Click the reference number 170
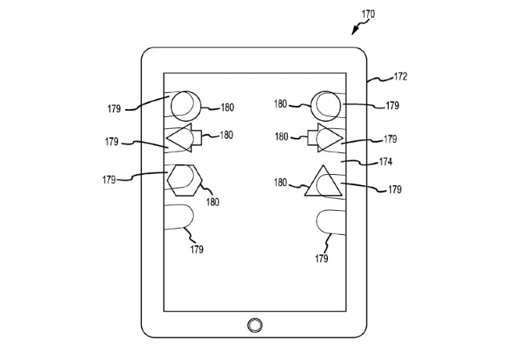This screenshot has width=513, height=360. coord(368,14)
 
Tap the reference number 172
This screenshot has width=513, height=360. coord(400,77)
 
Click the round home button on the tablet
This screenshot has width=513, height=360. coord(255,325)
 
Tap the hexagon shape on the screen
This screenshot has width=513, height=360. coord(184,179)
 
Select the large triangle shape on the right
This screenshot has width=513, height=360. coord(323,183)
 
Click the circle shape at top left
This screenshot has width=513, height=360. coord(184,104)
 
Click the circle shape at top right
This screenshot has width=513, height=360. coord(327,104)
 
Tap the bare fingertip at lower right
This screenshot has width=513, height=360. coord(329,220)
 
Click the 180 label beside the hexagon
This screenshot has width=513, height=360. coord(212,202)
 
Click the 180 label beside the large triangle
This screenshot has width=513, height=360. coord(280,183)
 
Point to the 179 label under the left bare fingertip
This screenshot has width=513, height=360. coord(197,249)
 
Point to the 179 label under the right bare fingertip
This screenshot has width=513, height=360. coord(321,258)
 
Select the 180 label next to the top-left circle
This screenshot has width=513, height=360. coord(228,107)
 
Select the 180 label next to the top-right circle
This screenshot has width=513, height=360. coord(281,103)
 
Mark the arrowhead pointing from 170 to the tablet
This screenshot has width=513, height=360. coord(353,32)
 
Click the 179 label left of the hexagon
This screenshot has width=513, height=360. coord(110,180)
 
